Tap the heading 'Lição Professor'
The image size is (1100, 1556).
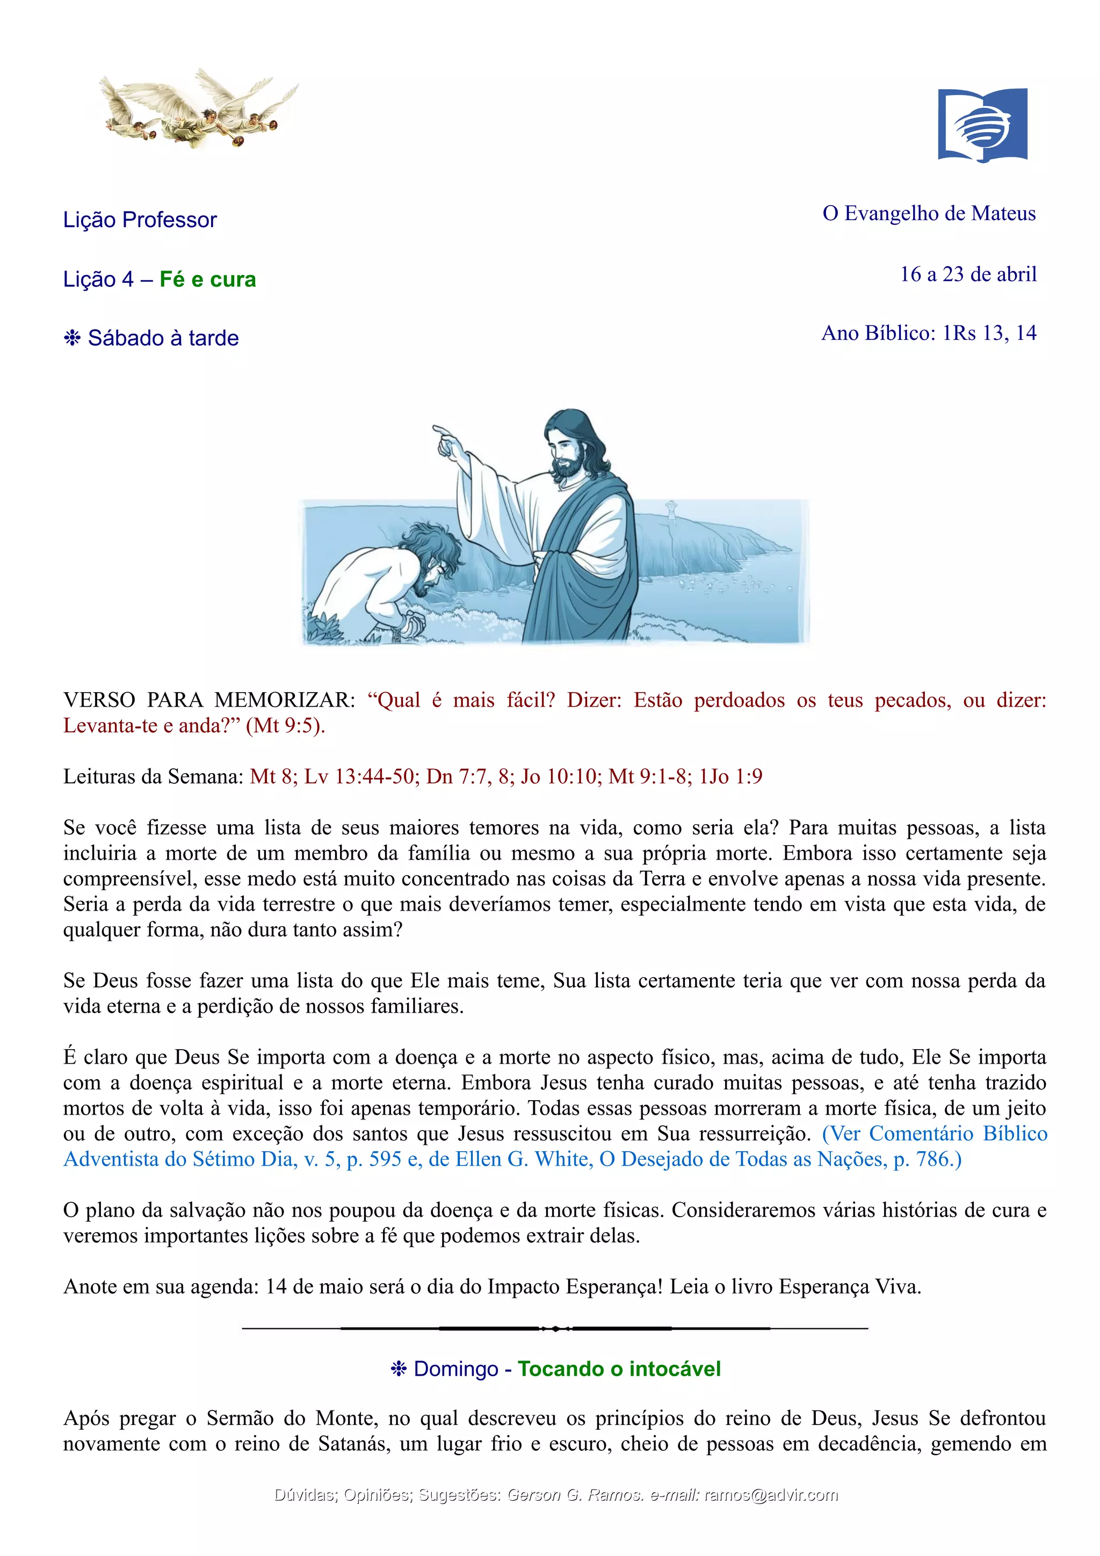(x=140, y=220)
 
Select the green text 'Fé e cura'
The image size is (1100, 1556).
(x=207, y=279)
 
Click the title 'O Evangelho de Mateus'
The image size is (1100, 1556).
(x=929, y=214)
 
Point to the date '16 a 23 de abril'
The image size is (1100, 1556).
(x=968, y=274)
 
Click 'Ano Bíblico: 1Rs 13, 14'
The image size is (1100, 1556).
(x=929, y=333)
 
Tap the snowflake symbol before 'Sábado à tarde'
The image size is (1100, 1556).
(x=72, y=338)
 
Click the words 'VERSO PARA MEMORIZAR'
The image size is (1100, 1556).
(x=209, y=700)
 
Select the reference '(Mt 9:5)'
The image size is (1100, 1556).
(x=285, y=726)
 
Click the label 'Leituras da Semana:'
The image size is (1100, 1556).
(x=153, y=776)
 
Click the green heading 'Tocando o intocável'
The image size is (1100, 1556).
(x=619, y=1369)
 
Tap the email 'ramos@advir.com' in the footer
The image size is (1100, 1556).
(x=771, y=1495)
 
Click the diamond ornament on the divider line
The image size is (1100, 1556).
(x=555, y=1329)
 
